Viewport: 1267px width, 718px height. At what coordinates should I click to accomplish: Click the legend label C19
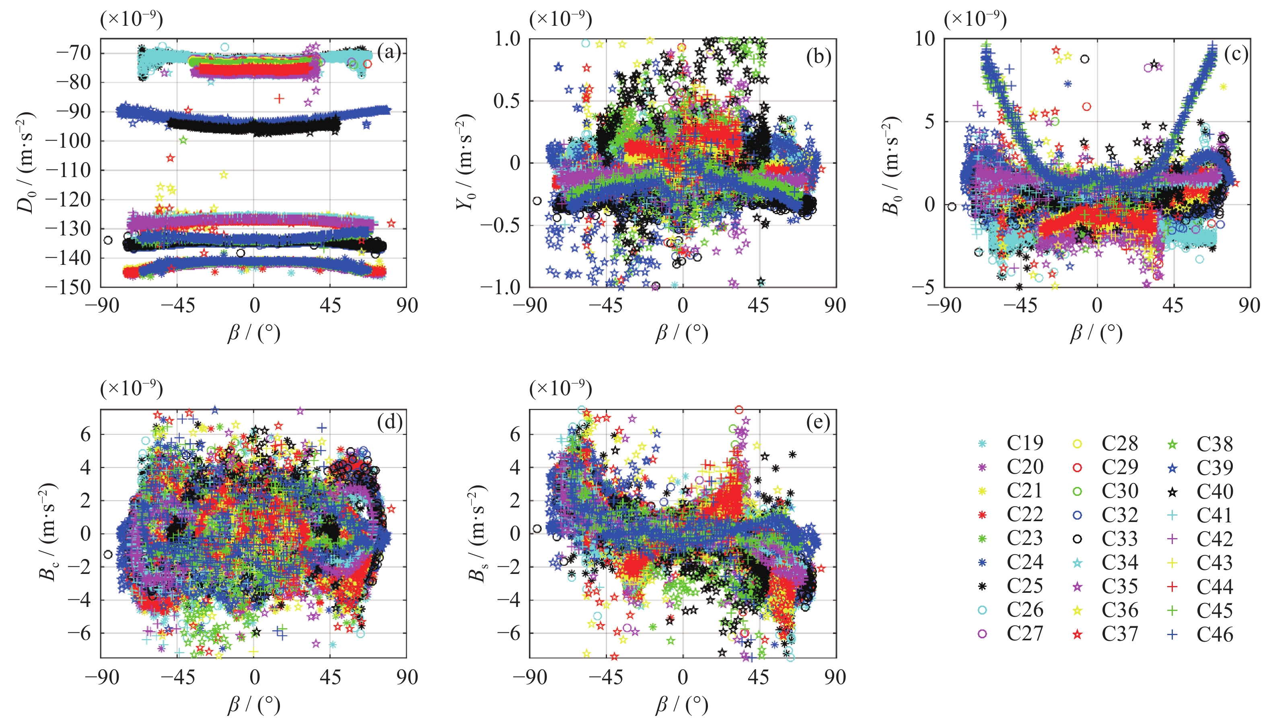[x=1024, y=444]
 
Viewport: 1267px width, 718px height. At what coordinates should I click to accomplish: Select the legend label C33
[x=1120, y=538]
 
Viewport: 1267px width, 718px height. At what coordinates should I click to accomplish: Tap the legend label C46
[x=1215, y=634]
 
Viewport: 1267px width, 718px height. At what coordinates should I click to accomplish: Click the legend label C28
[x=1120, y=444]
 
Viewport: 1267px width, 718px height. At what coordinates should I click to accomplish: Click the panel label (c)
[x=1236, y=54]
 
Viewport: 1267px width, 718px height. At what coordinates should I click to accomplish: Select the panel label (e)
[x=818, y=422]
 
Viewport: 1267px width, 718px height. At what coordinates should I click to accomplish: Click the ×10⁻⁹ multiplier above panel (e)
[x=560, y=389]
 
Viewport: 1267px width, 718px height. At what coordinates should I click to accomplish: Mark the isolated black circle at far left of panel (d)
[x=108, y=554]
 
